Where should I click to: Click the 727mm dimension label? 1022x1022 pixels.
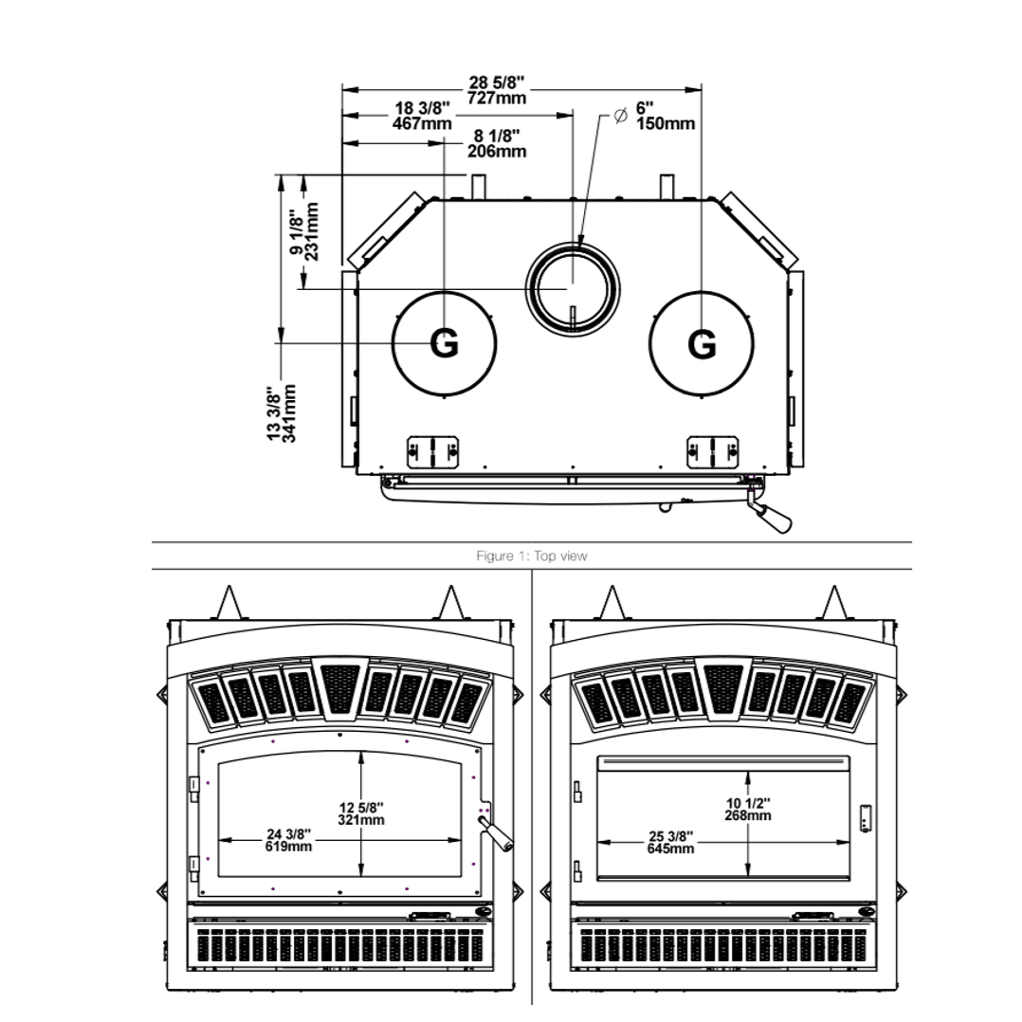click(x=497, y=99)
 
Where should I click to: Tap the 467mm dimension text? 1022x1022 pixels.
click(x=422, y=122)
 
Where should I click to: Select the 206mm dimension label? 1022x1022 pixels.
click(x=497, y=152)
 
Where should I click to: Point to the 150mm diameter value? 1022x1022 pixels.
click(x=666, y=123)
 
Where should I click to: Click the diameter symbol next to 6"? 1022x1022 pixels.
click(x=620, y=116)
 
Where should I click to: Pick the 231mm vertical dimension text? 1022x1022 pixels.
click(x=312, y=231)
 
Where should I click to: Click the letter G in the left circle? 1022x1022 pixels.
click(x=444, y=343)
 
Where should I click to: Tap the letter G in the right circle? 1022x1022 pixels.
click(x=702, y=343)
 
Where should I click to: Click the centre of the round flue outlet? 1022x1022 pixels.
click(x=573, y=289)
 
